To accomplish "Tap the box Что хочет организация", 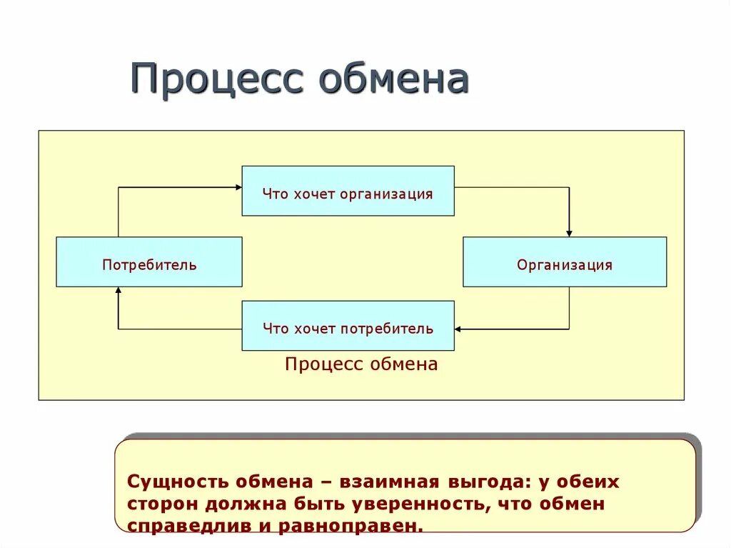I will [x=348, y=191].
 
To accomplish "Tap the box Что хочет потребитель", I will [x=348, y=326].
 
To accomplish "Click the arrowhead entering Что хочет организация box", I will [x=238, y=187].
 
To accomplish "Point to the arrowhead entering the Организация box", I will [x=569, y=232].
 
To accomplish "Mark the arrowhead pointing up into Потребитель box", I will [x=119, y=291].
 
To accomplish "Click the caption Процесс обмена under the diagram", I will [x=361, y=364].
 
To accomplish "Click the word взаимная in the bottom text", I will [x=382, y=482].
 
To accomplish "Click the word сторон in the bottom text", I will [x=164, y=504].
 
